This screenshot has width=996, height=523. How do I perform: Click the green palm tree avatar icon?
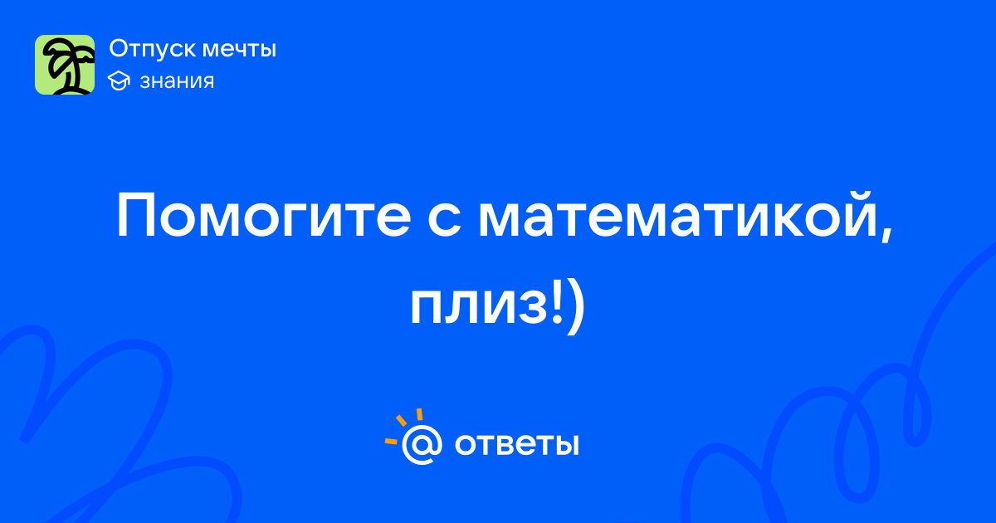[x=65, y=65]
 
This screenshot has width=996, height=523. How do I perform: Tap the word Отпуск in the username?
[x=153, y=49]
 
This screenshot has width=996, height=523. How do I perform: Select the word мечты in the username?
[x=240, y=50]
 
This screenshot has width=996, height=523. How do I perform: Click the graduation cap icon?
[x=119, y=81]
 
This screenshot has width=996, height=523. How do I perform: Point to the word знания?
[x=177, y=81]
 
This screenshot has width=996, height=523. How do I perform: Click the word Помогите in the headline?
[x=264, y=216]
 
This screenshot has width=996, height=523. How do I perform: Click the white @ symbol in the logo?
[x=422, y=445]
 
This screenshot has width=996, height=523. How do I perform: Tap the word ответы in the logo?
[x=516, y=445]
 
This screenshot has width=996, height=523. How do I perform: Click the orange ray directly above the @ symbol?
[x=419, y=414]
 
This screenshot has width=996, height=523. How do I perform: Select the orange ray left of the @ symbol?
[x=391, y=441]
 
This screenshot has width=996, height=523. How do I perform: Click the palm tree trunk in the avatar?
[x=69, y=78]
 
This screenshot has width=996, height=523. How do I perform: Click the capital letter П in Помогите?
[x=136, y=216]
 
